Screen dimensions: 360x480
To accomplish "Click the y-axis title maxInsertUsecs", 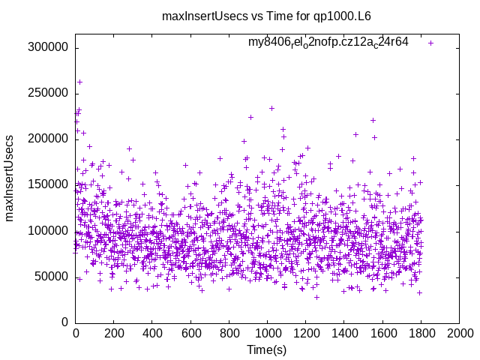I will pyautogui.click(x=10, y=178).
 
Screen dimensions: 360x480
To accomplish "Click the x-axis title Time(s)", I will pyautogui.click(x=268, y=349).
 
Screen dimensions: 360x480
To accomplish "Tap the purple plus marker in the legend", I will pyautogui.click(x=430, y=43).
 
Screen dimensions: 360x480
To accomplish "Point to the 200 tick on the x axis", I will pyautogui.click(x=114, y=331).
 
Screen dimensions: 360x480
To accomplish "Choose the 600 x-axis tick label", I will pyautogui.click(x=190, y=331).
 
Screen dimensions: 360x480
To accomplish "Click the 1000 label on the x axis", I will pyautogui.click(x=268, y=331).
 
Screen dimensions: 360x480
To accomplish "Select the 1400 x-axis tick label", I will pyautogui.click(x=344, y=331).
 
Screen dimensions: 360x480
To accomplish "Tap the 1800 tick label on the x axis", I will pyautogui.click(x=421, y=331).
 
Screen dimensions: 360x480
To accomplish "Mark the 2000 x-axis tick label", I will pyautogui.click(x=459, y=331).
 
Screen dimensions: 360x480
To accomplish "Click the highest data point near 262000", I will pyautogui.click(x=79, y=82).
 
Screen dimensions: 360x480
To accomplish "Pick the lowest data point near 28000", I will pyautogui.click(x=316, y=297).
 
